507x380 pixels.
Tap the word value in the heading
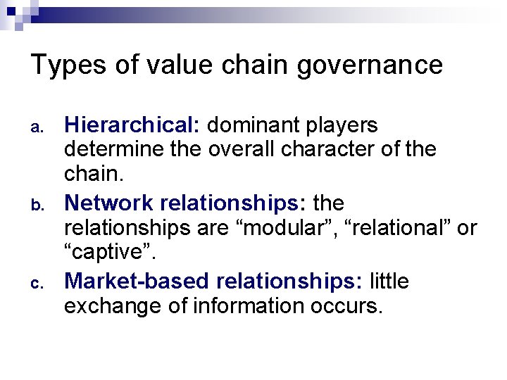[169, 65]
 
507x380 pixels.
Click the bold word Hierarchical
[132, 126]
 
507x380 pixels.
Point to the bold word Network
[109, 204]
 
